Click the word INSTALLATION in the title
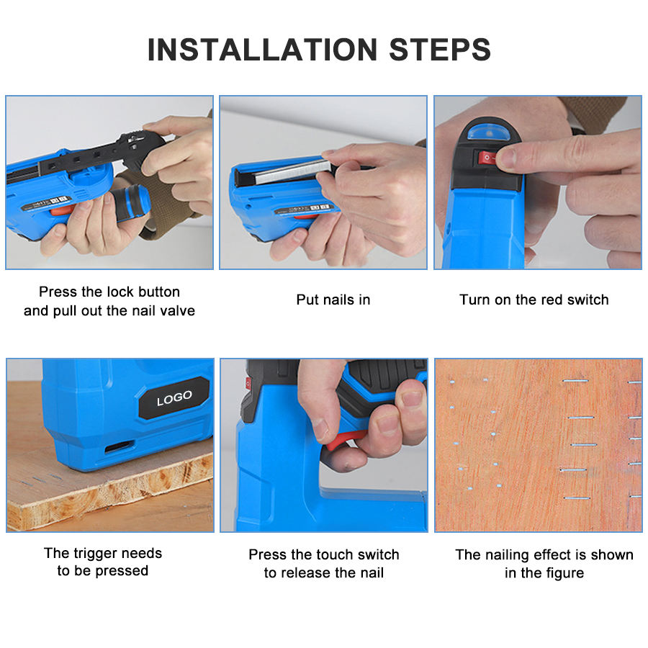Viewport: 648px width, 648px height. (262, 50)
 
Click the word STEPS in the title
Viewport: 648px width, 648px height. (440, 50)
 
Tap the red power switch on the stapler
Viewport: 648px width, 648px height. (487, 158)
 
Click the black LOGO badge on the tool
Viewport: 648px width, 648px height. (174, 398)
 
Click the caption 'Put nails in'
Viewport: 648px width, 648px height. (333, 300)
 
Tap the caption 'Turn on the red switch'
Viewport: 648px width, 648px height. (534, 300)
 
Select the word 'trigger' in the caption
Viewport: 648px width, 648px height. (96, 554)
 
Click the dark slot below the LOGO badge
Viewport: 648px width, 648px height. (119, 446)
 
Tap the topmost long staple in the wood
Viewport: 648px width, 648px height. (575, 380)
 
